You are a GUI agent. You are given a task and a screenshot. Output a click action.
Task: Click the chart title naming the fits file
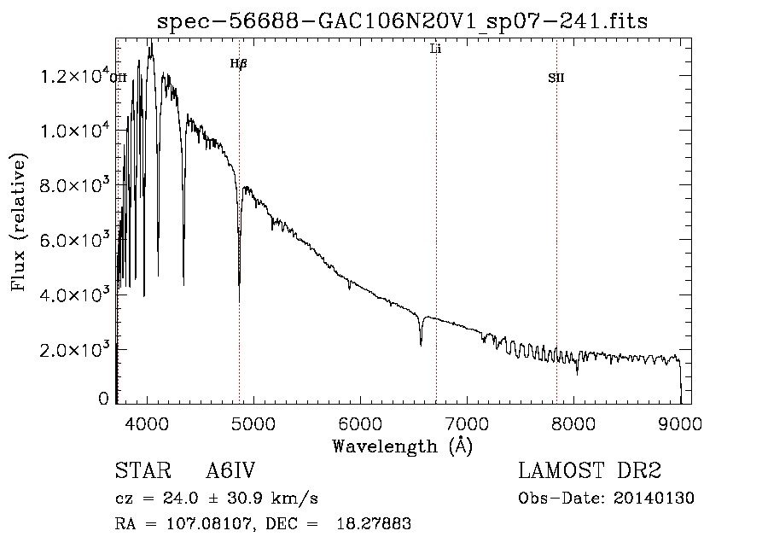tap(402, 21)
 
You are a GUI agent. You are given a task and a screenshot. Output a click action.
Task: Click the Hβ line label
tap(239, 64)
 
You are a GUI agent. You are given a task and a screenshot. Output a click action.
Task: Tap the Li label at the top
tap(435, 49)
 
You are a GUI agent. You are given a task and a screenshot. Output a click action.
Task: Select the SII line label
tap(556, 78)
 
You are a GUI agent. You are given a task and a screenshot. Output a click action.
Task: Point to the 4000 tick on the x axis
tap(147, 423)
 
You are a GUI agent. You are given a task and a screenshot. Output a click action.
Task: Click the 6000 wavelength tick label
tap(360, 423)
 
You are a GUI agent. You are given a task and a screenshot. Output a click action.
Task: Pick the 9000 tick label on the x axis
tap(680, 423)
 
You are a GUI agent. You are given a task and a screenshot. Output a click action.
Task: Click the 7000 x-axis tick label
tap(467, 423)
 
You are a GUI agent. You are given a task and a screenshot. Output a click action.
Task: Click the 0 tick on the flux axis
tap(103, 399)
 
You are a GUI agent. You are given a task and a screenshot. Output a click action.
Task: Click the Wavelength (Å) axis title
tap(403, 446)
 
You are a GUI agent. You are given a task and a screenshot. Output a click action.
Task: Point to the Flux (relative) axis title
tap(19, 222)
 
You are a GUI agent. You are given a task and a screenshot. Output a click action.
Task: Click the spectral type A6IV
tap(230, 470)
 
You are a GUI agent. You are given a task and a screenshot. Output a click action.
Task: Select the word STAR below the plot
tap(143, 470)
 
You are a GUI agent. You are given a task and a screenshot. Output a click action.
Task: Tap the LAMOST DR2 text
tap(590, 470)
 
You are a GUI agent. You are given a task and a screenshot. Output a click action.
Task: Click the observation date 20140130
tap(654, 499)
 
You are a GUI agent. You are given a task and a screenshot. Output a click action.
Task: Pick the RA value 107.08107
tap(210, 524)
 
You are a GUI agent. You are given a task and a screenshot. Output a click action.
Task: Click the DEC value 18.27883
tap(374, 524)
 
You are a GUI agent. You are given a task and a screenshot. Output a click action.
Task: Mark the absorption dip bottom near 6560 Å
tap(421, 346)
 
